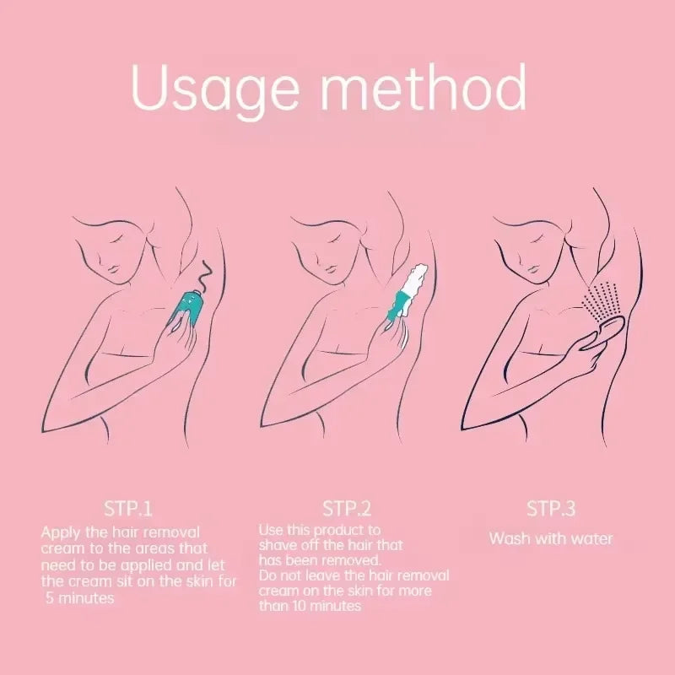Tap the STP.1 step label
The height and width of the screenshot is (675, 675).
click(129, 509)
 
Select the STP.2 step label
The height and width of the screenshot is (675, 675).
click(347, 509)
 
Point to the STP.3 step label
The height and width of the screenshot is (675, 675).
click(551, 509)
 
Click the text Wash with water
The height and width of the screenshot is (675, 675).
click(551, 538)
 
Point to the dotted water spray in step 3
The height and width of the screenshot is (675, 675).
click(603, 299)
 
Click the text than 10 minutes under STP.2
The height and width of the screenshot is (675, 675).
click(310, 606)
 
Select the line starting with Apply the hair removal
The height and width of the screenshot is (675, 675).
click(121, 532)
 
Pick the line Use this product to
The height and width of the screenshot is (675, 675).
click(320, 530)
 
